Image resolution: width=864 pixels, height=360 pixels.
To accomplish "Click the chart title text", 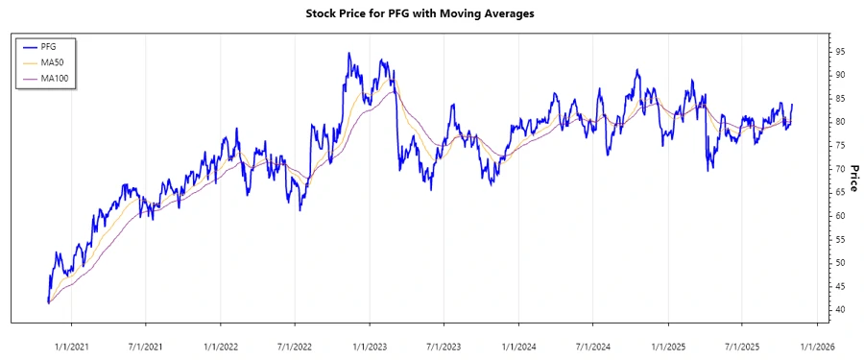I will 432,13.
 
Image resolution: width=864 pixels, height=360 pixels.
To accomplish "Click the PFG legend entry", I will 49,45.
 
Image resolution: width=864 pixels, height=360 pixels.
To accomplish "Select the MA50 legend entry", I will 52,61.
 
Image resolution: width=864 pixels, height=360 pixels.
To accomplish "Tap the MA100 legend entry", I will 54,78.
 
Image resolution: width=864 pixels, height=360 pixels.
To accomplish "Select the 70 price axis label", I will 841,168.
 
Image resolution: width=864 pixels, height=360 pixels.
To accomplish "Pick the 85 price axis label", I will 841,98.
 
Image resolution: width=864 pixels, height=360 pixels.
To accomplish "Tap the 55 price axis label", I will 841,239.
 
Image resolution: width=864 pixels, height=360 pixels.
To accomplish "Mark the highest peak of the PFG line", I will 349,53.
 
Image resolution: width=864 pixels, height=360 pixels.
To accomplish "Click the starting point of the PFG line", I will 48,302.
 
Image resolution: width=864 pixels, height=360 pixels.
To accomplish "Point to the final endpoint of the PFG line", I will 792,105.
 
